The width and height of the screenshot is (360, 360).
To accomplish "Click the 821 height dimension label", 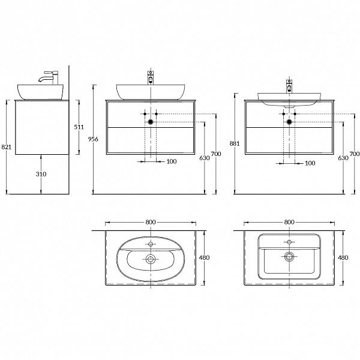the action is [6, 147].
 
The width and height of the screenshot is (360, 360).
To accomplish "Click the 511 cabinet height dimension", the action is [79, 127].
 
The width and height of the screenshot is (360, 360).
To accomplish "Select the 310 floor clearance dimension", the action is [41, 174].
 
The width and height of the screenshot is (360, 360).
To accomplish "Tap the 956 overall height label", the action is [93, 139].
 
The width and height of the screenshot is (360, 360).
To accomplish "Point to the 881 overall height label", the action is [235, 143].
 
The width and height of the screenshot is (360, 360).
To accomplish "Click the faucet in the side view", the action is [49, 77].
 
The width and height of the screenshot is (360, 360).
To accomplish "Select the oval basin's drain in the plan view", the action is [151, 259].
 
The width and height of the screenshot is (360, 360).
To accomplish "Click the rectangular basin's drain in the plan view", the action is [289, 256].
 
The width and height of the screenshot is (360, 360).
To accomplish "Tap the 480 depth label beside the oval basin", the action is [204, 257].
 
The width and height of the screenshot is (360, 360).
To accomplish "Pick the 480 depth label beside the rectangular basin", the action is [343, 257].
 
